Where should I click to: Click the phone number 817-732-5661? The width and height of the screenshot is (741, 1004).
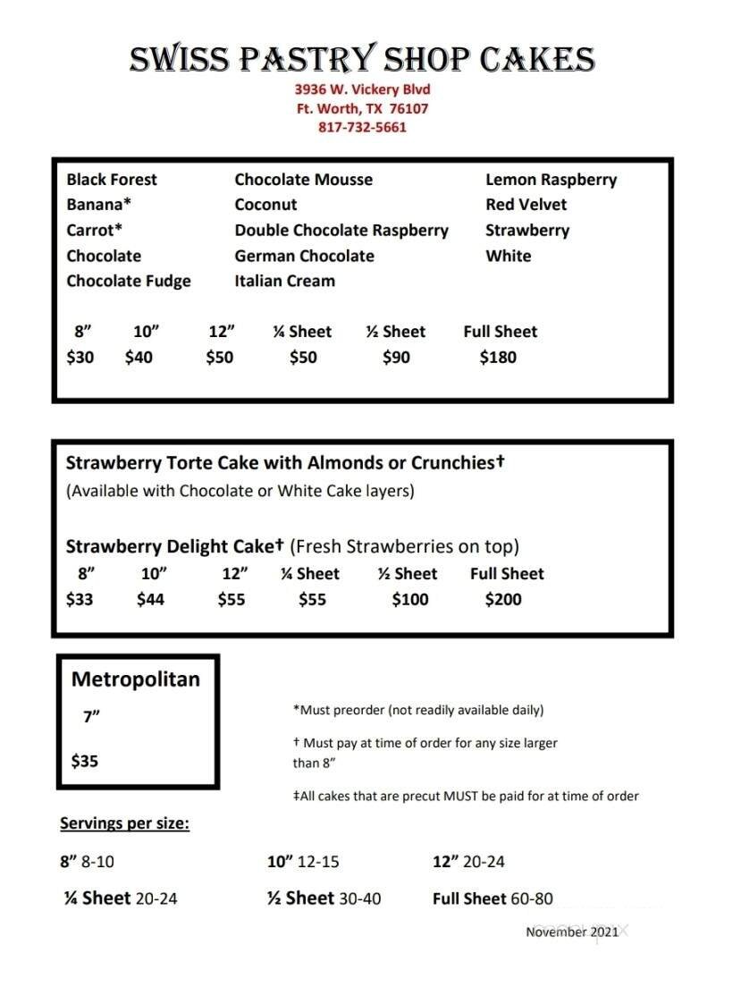pyautogui.click(x=362, y=127)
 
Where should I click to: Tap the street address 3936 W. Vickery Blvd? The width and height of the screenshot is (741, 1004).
pyautogui.click(x=362, y=89)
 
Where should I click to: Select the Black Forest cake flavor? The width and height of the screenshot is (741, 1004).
pyautogui.click(x=111, y=180)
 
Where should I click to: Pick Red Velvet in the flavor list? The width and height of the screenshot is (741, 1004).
pyautogui.click(x=526, y=205)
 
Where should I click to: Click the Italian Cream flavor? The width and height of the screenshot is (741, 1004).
pyautogui.click(x=284, y=281)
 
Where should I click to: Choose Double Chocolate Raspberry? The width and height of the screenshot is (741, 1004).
pyautogui.click(x=341, y=231)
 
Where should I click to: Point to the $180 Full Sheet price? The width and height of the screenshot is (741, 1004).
pyautogui.click(x=498, y=358)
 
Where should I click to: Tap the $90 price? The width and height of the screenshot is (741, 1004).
pyautogui.click(x=396, y=358)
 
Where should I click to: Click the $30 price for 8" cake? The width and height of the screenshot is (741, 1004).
pyautogui.click(x=80, y=358)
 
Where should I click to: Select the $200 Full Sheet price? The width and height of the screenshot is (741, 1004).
pyautogui.click(x=503, y=600)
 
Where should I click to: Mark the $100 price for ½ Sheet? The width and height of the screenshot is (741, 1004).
pyautogui.click(x=410, y=600)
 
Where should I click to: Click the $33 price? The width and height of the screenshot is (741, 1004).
pyautogui.click(x=80, y=600)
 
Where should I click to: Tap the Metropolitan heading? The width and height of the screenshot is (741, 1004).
pyautogui.click(x=135, y=679)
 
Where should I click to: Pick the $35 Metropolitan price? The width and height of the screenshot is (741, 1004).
pyautogui.click(x=85, y=762)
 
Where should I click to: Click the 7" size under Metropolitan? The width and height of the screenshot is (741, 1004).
pyautogui.click(x=91, y=717)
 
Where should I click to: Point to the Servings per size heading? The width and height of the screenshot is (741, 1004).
pyautogui.click(x=124, y=823)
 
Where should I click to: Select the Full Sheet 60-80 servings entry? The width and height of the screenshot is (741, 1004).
pyautogui.click(x=493, y=899)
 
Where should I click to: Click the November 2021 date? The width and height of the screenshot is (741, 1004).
pyautogui.click(x=571, y=932)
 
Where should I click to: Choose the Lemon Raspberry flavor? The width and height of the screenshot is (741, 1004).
pyautogui.click(x=551, y=180)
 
